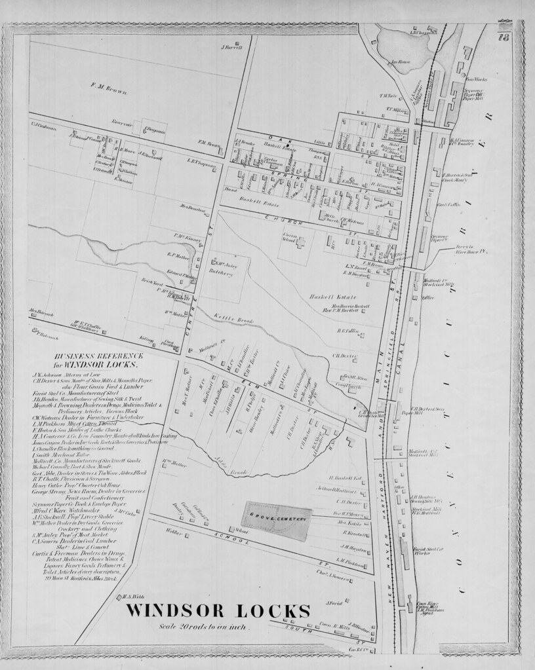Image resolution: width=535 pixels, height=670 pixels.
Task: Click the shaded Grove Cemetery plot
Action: coord(277,520)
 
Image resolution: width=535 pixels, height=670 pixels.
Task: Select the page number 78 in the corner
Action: coord(505,37)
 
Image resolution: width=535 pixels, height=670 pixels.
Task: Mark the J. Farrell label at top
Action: coord(232,47)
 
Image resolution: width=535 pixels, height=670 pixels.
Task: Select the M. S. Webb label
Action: coord(133,597)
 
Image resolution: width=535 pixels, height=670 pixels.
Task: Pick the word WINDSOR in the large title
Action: coord(180,612)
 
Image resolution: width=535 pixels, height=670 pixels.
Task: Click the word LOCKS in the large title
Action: coord(274,612)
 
